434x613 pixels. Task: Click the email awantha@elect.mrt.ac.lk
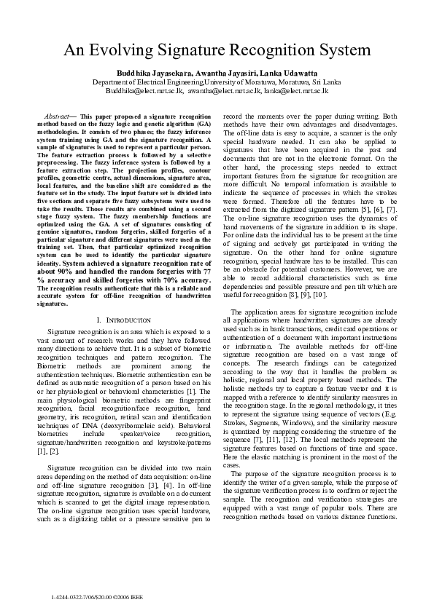pos(223,91)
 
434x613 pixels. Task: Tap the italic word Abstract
pos(57,116)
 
